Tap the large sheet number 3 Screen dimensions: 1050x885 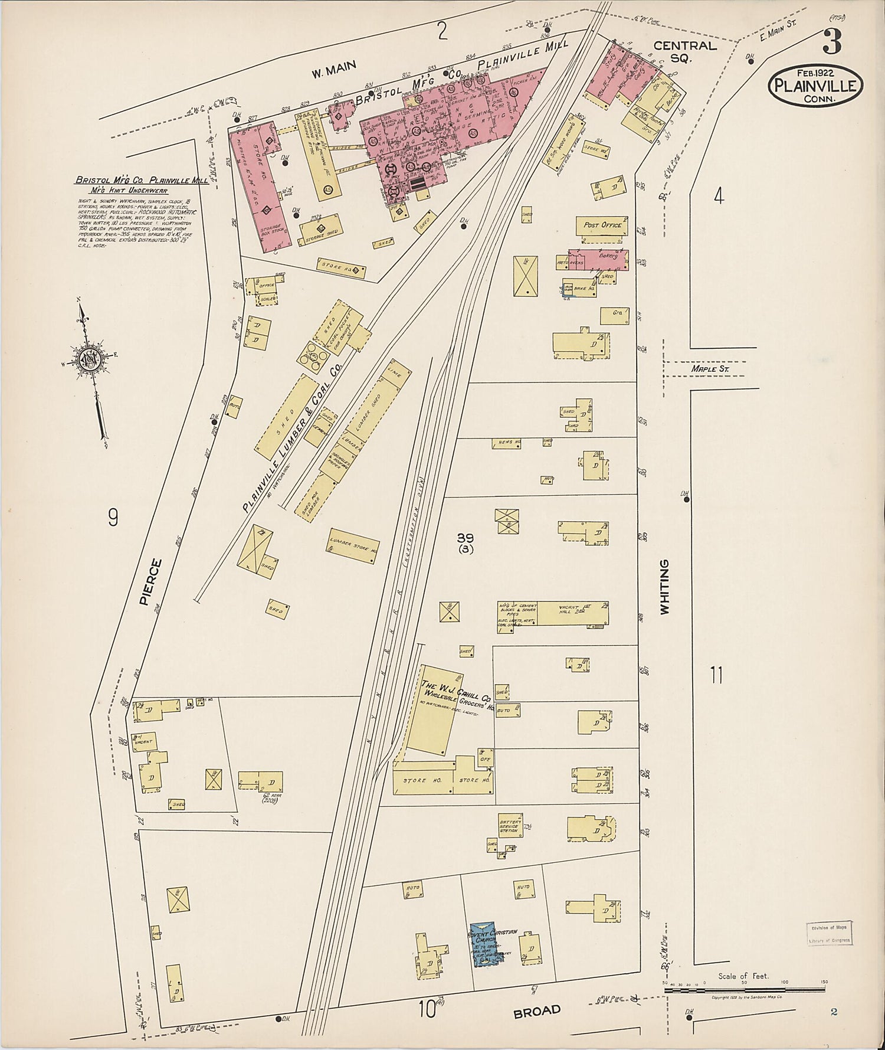(x=832, y=43)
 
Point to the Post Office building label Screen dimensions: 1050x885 (x=602, y=225)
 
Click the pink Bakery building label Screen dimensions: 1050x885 (x=608, y=256)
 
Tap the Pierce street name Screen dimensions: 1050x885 (x=150, y=582)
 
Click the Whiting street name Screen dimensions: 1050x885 (x=665, y=587)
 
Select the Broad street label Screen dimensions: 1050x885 (x=536, y=1011)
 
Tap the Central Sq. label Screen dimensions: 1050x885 (x=685, y=51)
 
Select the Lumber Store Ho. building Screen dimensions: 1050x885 (x=353, y=546)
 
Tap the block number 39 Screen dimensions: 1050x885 (x=465, y=538)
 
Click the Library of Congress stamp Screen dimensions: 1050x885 (x=829, y=934)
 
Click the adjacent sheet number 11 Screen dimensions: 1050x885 (x=716, y=674)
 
